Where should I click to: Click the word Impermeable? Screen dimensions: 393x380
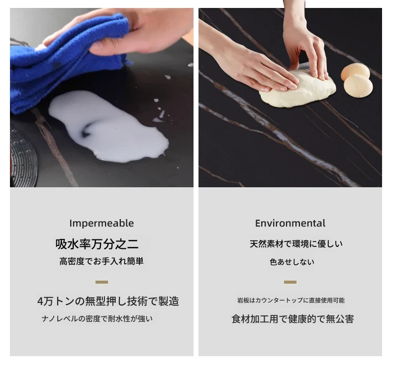tap(101, 224)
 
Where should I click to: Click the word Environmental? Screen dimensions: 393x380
tap(290, 224)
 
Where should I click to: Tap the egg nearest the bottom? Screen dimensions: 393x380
tap(358, 85)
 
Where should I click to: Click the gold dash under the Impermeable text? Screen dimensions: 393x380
tap(102, 282)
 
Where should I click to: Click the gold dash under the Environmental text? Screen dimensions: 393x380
tap(290, 282)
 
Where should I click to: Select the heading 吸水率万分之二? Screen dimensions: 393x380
tap(97, 244)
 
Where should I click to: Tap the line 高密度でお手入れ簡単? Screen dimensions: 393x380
tap(101, 261)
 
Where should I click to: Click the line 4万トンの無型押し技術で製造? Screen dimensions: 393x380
tap(108, 301)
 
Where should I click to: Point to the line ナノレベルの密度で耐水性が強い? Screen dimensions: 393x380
tap(97, 319)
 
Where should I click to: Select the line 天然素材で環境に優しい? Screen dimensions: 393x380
tap(296, 244)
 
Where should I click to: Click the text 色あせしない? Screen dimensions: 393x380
tap(292, 262)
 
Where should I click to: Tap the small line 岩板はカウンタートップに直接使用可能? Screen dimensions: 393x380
tap(291, 300)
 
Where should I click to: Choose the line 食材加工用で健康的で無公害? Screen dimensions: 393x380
tap(293, 319)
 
